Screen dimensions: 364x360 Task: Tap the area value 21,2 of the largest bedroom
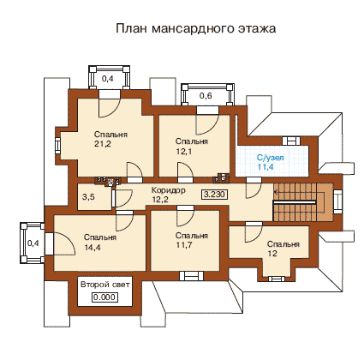pos(102,144)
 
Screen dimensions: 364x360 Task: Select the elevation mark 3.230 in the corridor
pos(215,195)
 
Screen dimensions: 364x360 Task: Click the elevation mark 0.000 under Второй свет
pos(105,297)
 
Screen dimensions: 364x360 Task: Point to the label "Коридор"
pos(168,190)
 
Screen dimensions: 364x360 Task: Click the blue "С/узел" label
pos(271,158)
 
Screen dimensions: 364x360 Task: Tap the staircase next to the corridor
pos(303,202)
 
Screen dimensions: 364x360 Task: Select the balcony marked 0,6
pos(207,95)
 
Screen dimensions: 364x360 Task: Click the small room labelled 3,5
pos(94,197)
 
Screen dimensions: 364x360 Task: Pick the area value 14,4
pos(92,248)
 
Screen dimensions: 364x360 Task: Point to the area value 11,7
pos(183,245)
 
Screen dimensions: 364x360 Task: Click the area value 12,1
pos(183,151)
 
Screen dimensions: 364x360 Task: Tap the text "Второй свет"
pos(105,285)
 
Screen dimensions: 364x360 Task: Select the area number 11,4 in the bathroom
pos(266,166)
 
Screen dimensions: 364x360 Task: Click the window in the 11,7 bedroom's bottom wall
pos(191,276)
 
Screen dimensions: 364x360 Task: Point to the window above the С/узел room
pos(291,141)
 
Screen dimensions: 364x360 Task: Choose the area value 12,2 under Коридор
pos(160,200)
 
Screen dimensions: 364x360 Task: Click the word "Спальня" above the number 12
pos(283,244)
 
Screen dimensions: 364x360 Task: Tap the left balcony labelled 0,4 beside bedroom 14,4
pos(33,243)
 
